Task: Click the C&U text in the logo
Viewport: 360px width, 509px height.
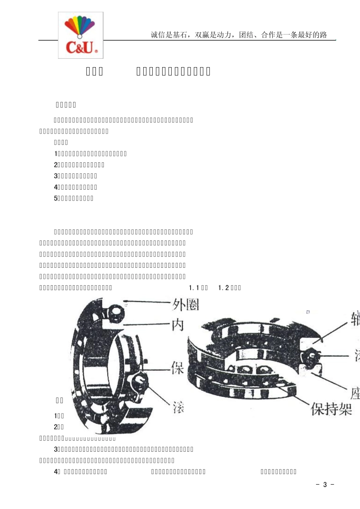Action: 80,48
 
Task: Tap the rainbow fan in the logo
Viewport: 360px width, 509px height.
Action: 80,26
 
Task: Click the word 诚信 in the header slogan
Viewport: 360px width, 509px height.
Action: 158,35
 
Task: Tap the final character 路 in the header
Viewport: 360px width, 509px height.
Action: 323,35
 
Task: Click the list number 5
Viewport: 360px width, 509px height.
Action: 55,198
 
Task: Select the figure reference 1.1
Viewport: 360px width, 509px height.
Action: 194,288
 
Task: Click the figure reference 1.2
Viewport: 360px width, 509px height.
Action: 224,288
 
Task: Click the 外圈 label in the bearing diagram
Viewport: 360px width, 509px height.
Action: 186,305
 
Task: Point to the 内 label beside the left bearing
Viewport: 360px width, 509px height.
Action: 178,325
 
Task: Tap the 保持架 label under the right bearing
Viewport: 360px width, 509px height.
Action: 331,410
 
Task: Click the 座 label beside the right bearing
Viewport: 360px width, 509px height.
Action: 355,394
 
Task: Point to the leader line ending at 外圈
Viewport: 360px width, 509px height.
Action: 148,302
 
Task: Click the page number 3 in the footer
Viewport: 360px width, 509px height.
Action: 325,485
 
